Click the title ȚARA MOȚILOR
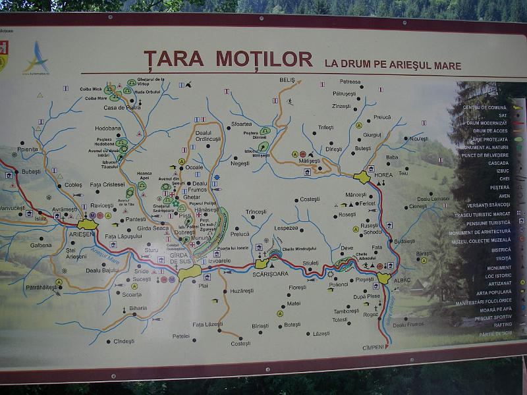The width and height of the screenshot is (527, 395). coord(227,59)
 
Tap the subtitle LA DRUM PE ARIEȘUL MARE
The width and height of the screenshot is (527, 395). coord(393,66)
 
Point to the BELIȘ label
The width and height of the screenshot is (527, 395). coord(287,80)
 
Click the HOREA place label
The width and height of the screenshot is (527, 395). coord(383,175)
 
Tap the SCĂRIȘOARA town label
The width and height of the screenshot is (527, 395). coord(271,273)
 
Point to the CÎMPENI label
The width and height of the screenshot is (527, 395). coord(373,347)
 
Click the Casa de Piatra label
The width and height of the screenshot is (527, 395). coord(123,107)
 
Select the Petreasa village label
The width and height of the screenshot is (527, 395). coord(350,82)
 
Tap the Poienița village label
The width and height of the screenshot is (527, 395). coord(28,149)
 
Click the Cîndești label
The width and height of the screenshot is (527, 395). coord(124,341)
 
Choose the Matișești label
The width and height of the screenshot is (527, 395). coord(309,161)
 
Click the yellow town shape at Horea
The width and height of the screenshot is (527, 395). coord(362,176)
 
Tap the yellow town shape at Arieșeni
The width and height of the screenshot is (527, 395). coord(88,224)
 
